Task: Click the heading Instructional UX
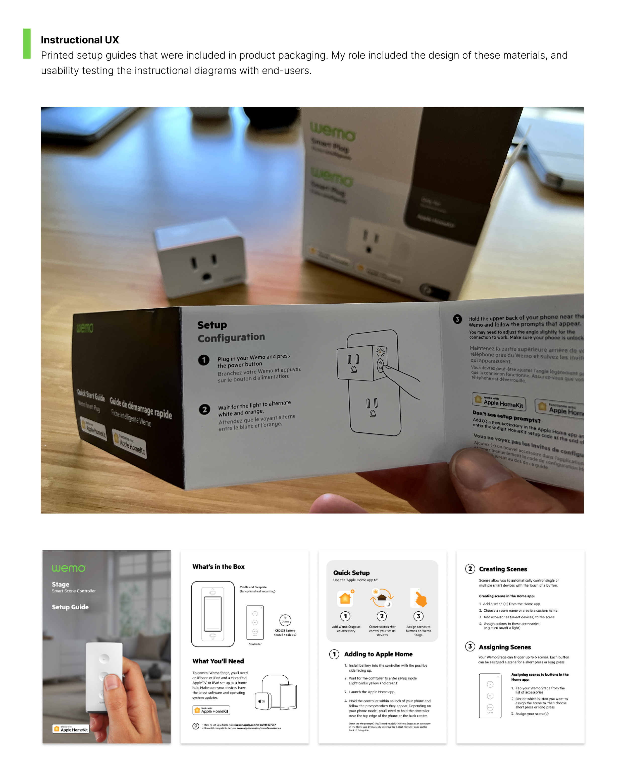tap(80, 40)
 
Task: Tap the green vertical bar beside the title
tap(27, 44)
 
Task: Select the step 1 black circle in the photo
tap(204, 360)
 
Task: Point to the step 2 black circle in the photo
tap(205, 409)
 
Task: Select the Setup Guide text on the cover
tap(70, 607)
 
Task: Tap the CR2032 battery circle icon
tap(285, 620)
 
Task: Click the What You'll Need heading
tap(218, 661)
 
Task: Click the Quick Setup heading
tap(351, 573)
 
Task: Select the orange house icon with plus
tap(345, 598)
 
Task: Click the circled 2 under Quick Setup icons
tap(382, 616)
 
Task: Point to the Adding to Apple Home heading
tap(378, 654)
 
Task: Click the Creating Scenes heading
tap(503, 569)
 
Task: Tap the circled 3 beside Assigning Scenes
tap(470, 646)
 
